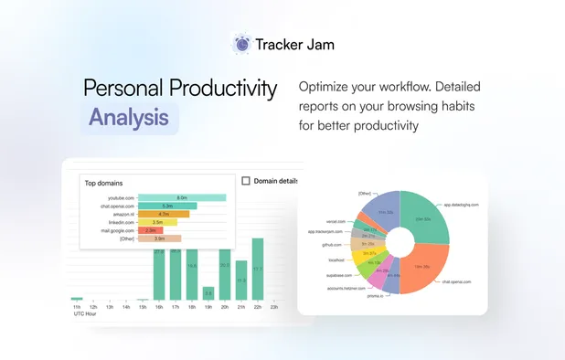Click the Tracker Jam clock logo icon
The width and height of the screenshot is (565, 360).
point(242,43)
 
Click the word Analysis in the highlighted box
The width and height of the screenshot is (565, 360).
point(129,118)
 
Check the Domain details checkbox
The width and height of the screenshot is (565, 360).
point(246,181)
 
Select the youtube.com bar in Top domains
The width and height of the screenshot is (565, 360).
point(182,197)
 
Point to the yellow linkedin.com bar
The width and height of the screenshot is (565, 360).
point(157,222)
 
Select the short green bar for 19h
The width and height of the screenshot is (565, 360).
point(208,293)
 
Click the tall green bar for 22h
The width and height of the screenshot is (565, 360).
point(258,269)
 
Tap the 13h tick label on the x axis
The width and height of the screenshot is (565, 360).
point(110,307)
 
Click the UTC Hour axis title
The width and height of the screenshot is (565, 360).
point(86,314)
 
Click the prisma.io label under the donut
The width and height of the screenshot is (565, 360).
point(376,295)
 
